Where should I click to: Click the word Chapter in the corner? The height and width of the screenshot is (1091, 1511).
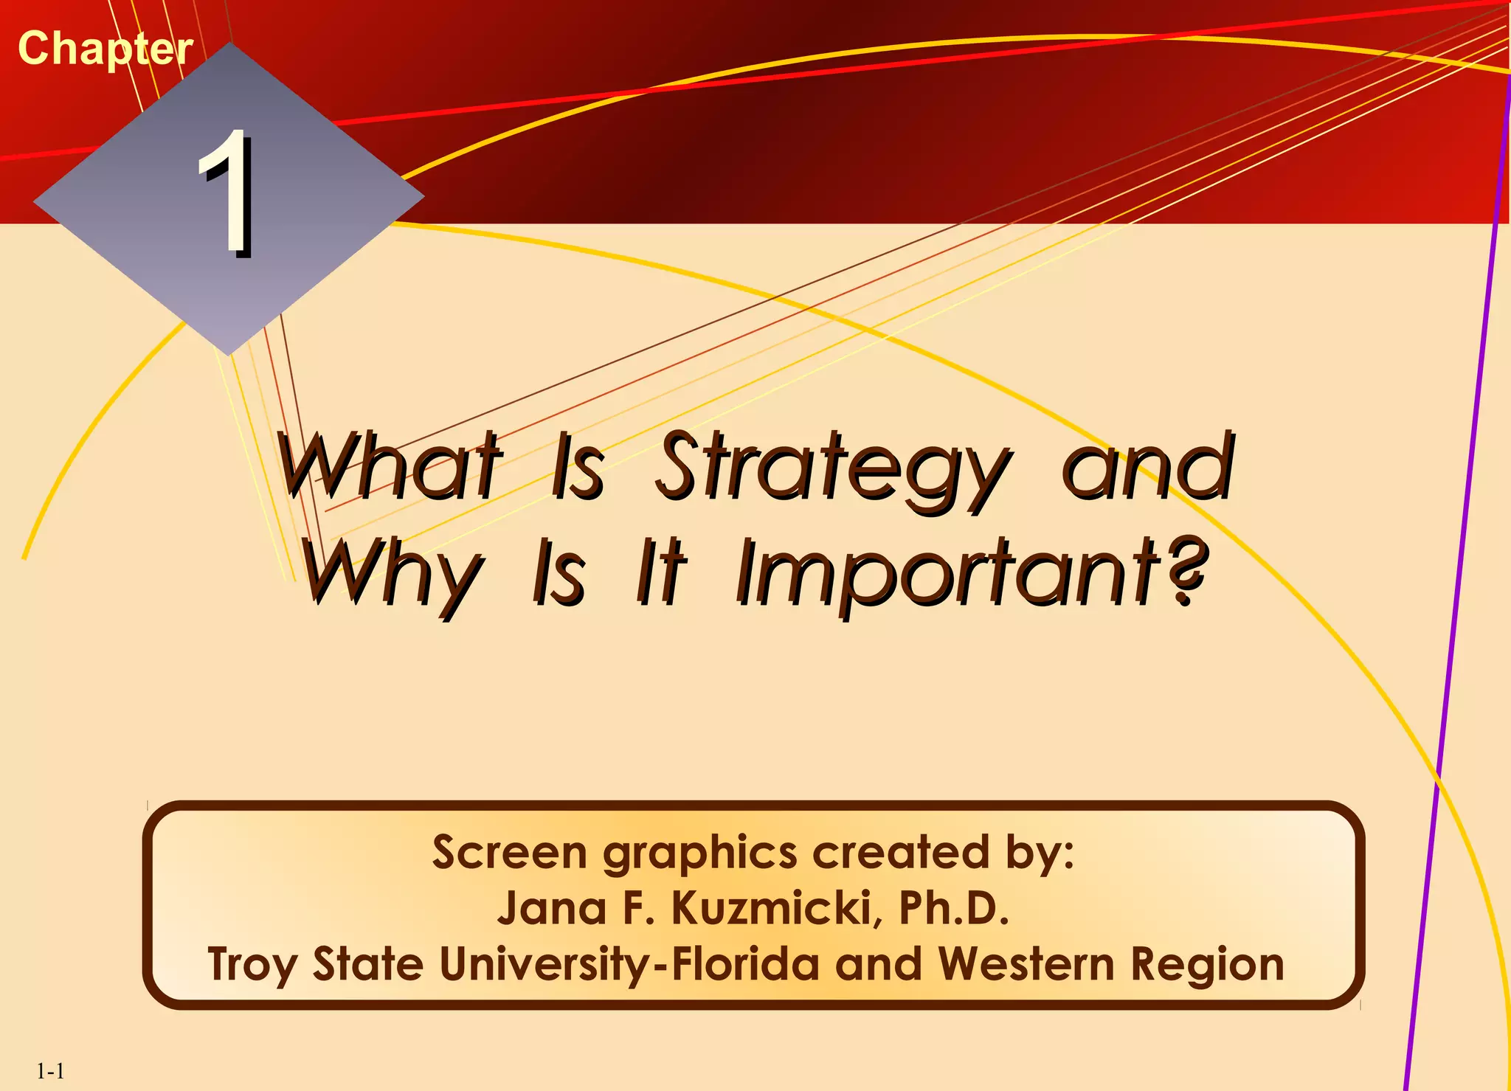105,49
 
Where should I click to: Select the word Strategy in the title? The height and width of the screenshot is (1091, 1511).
832,469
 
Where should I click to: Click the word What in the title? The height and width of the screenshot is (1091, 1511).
390,466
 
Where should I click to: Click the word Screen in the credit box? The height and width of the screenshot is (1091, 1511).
509,852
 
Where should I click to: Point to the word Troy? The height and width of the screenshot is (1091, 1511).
252,965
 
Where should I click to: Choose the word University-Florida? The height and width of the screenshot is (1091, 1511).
629,965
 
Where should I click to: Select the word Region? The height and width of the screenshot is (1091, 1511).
1208,965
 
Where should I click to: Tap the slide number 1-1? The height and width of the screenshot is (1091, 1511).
50,1071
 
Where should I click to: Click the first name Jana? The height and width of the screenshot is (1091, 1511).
552,908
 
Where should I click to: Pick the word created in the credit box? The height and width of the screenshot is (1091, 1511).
900,852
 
